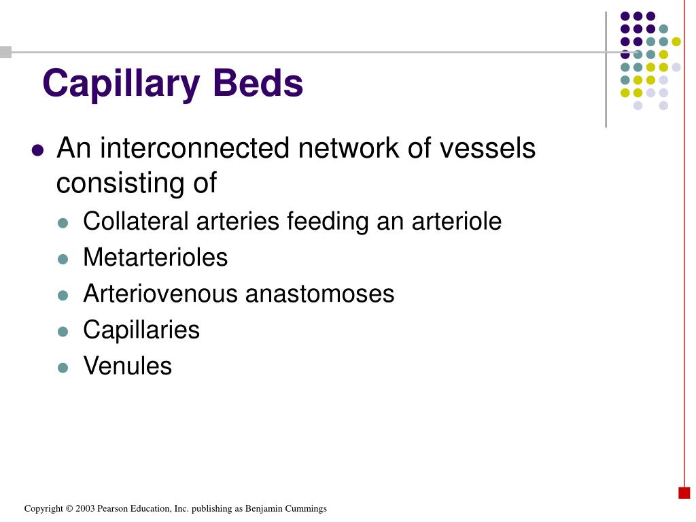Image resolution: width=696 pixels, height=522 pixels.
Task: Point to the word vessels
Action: pyautogui.click(x=489, y=148)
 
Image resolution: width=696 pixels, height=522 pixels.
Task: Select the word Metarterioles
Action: pyautogui.click(x=155, y=258)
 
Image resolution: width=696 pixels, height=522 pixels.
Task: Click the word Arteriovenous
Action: pyautogui.click(x=160, y=294)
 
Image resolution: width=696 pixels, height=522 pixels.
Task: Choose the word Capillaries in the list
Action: pyautogui.click(x=141, y=330)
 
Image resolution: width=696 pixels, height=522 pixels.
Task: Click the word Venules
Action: pyautogui.click(x=127, y=366)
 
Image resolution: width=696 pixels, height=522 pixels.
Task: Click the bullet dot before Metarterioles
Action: pyautogui.click(x=63, y=259)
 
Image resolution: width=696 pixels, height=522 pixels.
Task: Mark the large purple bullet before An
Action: pyautogui.click(x=38, y=150)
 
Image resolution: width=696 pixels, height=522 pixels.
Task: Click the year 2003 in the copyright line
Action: pyautogui.click(x=85, y=508)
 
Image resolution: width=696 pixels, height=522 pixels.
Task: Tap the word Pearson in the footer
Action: pyautogui.click(x=111, y=508)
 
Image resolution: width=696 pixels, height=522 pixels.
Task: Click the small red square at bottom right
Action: pyautogui.click(x=684, y=493)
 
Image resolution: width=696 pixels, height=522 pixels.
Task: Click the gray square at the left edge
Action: pyautogui.click(x=5, y=52)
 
